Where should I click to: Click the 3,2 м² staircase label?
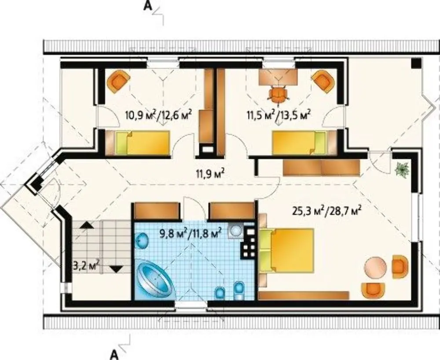tap(87, 265)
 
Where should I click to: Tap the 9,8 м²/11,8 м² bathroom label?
tap(191, 233)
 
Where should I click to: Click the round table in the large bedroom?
tap(375, 268)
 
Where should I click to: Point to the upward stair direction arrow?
tap(87, 224)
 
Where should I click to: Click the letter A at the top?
tap(147, 6)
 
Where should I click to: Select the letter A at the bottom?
tap(114, 354)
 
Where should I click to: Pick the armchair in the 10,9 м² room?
tap(118, 81)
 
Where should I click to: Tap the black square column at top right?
tap(416, 62)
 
